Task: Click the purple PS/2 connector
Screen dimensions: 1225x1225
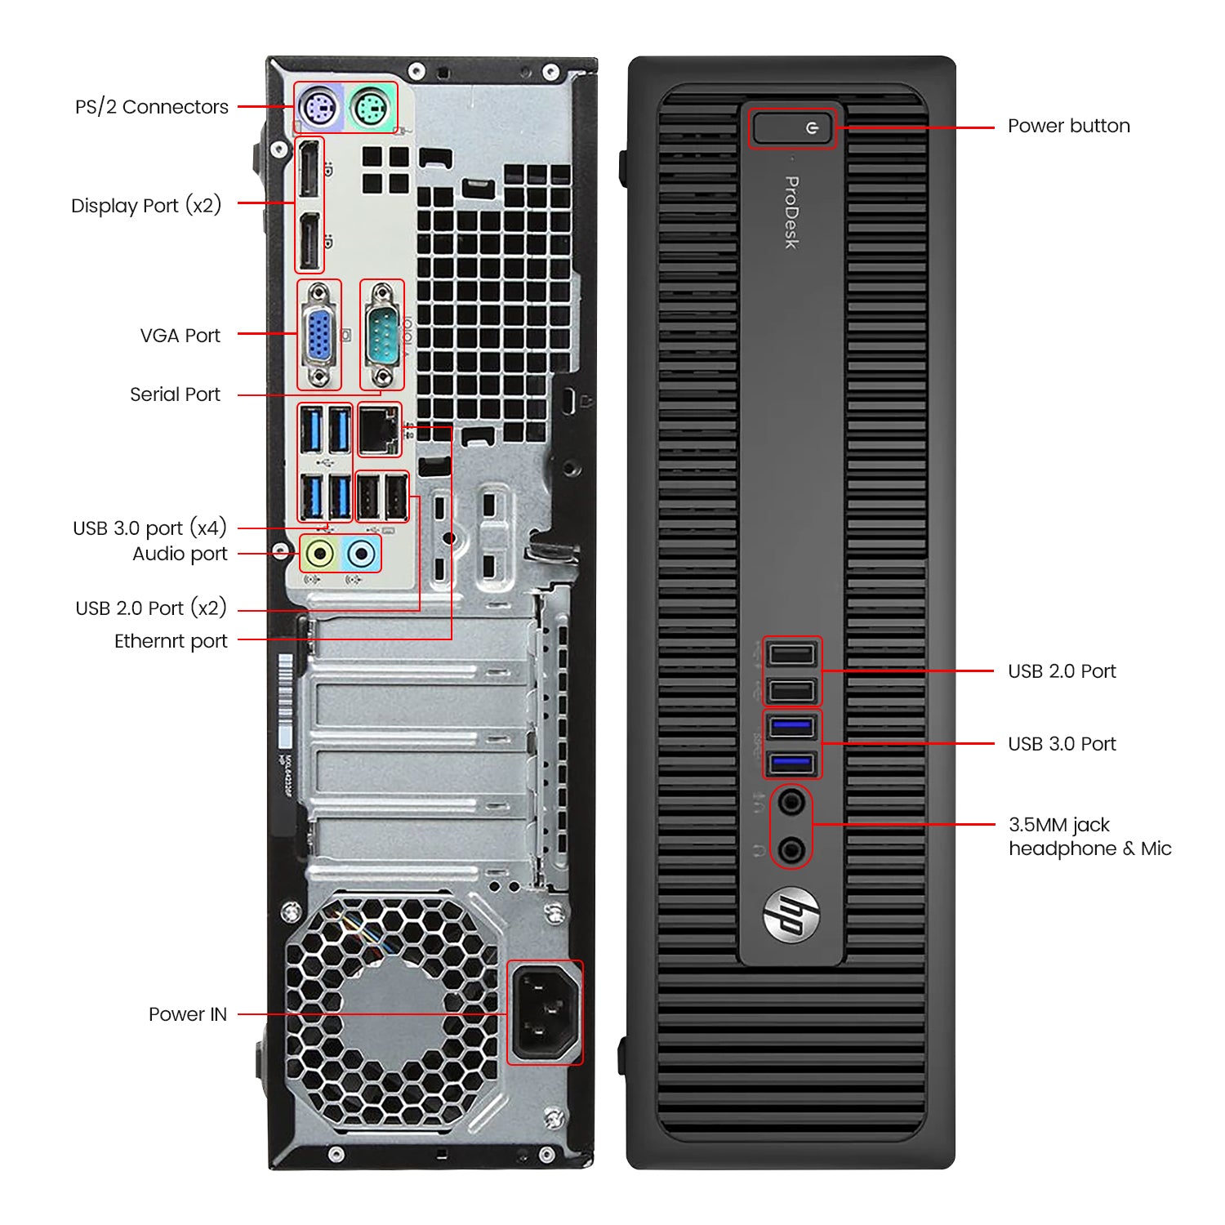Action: [x=318, y=107]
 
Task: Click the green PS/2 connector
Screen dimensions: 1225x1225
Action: [x=372, y=107]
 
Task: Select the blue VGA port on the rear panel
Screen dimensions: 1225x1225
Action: [x=319, y=335]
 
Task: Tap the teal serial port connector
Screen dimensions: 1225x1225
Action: [x=381, y=335]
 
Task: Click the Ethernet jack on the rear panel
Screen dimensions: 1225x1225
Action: [x=379, y=430]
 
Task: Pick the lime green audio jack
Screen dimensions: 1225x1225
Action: [x=320, y=554]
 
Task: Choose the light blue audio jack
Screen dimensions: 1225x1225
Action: [x=361, y=554]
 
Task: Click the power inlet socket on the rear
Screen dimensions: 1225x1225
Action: [x=545, y=1013]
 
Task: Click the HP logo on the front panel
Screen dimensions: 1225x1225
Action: [x=791, y=914]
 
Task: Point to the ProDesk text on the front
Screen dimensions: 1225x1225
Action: [x=791, y=212]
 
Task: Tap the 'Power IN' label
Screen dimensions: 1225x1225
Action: [x=188, y=1014]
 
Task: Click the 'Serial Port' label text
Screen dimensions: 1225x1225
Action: [x=175, y=394]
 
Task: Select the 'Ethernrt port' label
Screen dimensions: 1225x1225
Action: [x=171, y=641]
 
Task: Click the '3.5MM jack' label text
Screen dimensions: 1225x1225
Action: [x=1059, y=825]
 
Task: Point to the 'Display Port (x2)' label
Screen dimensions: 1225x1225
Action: [x=146, y=205]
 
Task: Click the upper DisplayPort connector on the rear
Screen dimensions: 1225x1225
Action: [x=309, y=169]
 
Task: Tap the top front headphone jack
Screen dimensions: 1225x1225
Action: [x=791, y=802]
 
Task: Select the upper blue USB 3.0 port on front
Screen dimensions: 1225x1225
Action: [x=792, y=725]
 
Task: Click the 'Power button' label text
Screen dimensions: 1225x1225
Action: [x=1068, y=126]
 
